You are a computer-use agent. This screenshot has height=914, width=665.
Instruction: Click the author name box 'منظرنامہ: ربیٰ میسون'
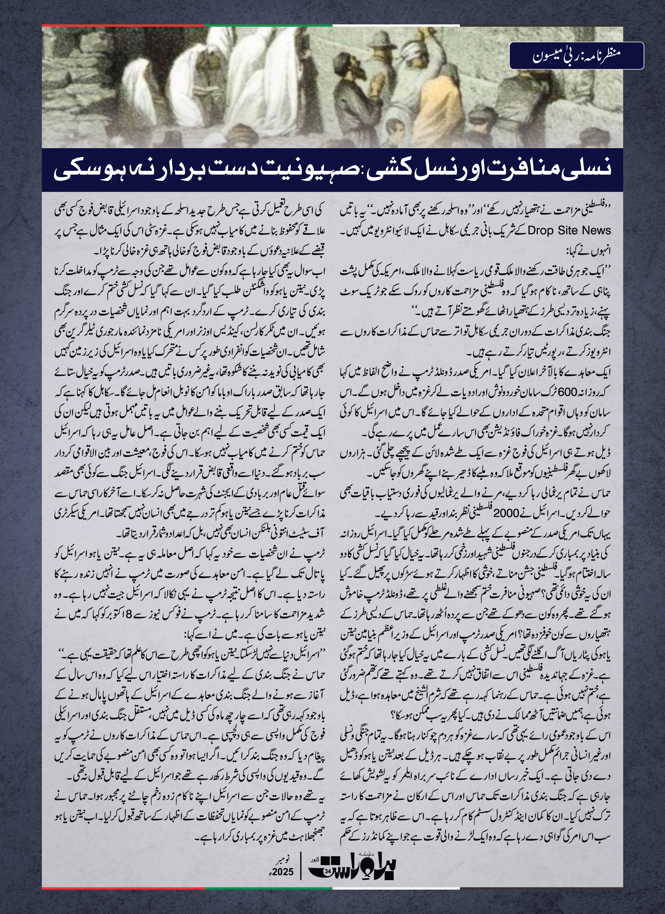pos(576,56)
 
